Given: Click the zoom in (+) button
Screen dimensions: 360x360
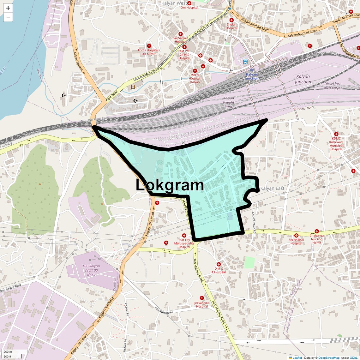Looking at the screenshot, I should pyautogui.click(x=8, y=8).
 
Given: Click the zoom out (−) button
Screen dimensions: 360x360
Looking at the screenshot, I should pyautogui.click(x=8, y=17).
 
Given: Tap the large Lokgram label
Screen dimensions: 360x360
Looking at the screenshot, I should pyautogui.click(x=170, y=185).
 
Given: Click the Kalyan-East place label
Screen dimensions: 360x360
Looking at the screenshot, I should pyautogui.click(x=272, y=188).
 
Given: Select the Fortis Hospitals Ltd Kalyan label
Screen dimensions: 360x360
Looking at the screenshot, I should pyautogui.click(x=149, y=52).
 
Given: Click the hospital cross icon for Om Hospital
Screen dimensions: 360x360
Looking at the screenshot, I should pyautogui.click(x=189, y=3).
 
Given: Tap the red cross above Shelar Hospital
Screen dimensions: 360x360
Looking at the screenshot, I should pyautogui.click(x=231, y=20).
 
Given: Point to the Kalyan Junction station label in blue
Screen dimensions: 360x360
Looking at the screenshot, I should pyautogui.click(x=251, y=76).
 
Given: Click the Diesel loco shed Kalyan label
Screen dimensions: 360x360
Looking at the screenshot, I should pyautogui.click(x=333, y=86).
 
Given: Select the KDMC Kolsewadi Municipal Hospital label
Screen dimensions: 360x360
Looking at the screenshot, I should pyautogui.click(x=336, y=144).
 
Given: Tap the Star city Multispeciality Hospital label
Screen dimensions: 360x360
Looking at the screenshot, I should pyautogui.click(x=184, y=243).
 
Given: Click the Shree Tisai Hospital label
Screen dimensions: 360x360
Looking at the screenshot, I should pyautogui.click(x=296, y=242).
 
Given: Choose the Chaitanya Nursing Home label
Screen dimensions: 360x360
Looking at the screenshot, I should pyautogui.click(x=317, y=239).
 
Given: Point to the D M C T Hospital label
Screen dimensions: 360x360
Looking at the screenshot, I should pyautogui.click(x=219, y=270).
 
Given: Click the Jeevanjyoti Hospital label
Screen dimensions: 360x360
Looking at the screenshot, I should pyautogui.click(x=202, y=304).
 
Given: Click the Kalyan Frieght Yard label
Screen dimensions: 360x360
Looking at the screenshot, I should pyautogui.click(x=229, y=102).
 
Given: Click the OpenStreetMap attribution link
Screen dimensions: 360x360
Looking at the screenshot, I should pyautogui.click(x=329, y=358).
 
